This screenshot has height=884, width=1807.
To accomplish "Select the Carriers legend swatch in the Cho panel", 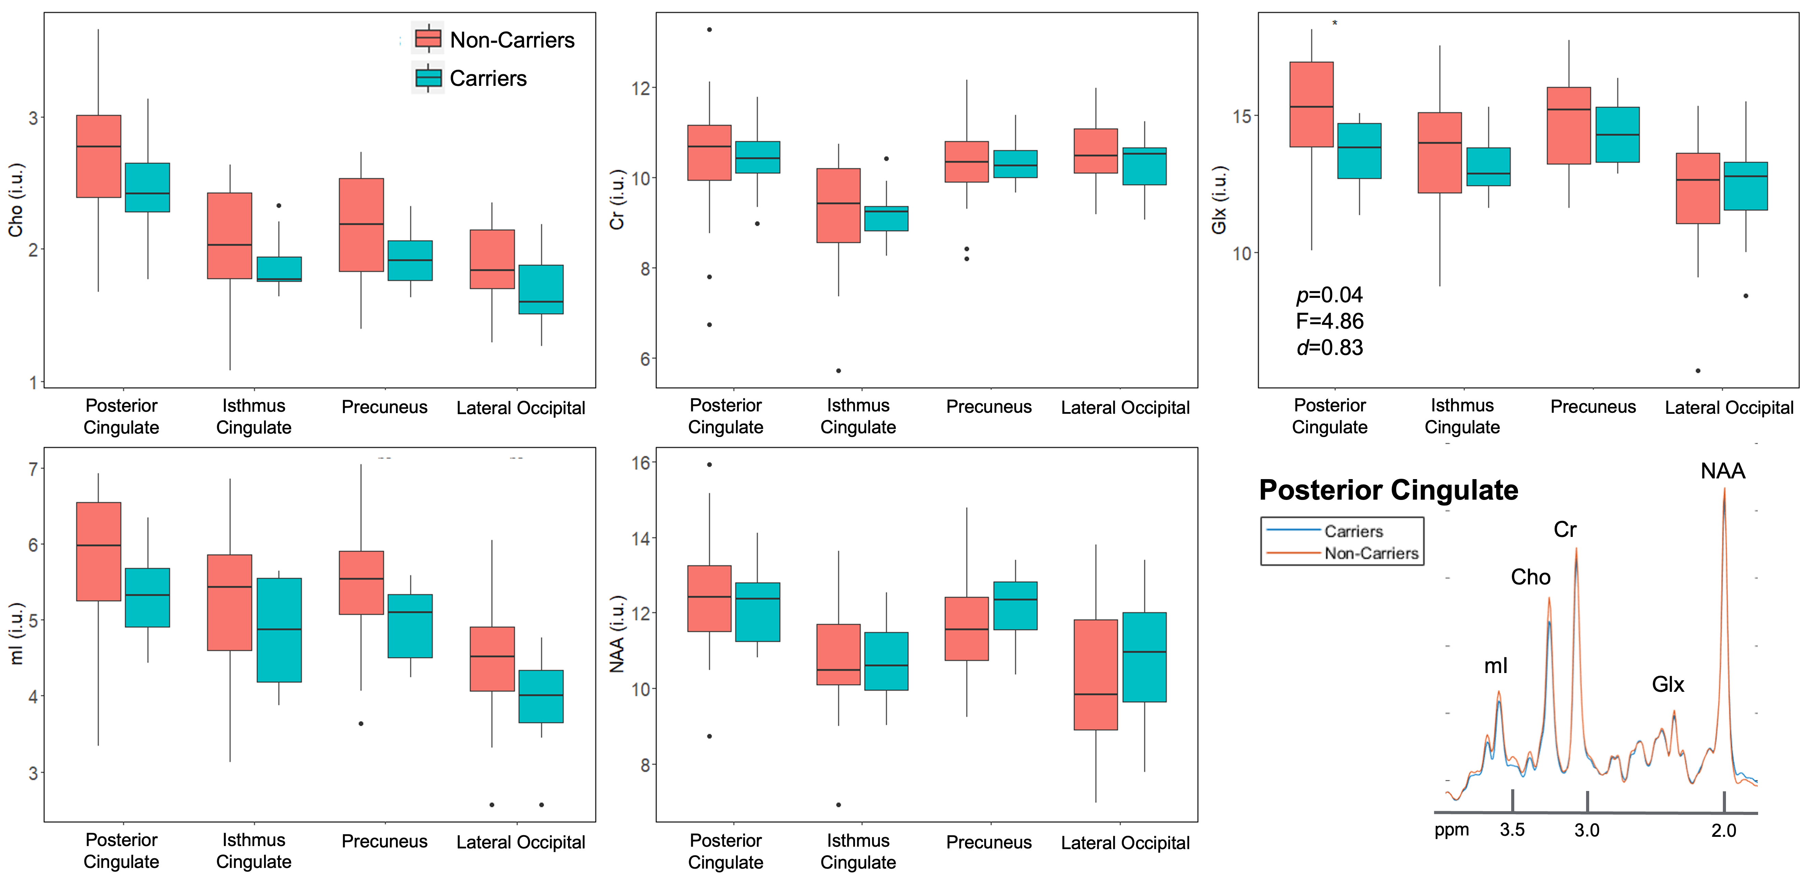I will coord(428,78).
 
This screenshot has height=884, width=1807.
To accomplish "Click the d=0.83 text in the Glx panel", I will coord(1329,347).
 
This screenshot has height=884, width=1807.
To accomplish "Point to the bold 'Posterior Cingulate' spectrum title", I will coord(1388,490).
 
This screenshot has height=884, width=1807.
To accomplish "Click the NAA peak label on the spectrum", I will coord(1722,471).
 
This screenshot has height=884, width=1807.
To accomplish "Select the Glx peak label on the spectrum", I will coord(1667,684).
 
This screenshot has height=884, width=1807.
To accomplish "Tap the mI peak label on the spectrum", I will coord(1495,666).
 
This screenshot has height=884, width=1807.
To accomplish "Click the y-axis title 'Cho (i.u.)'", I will coord(15,200).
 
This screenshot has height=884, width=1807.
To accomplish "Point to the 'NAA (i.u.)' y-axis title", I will coord(617,634).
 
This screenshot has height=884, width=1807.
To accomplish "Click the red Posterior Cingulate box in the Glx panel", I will coord(1311,105).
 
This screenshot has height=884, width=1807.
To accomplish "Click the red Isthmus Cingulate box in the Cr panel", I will coord(838,206).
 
